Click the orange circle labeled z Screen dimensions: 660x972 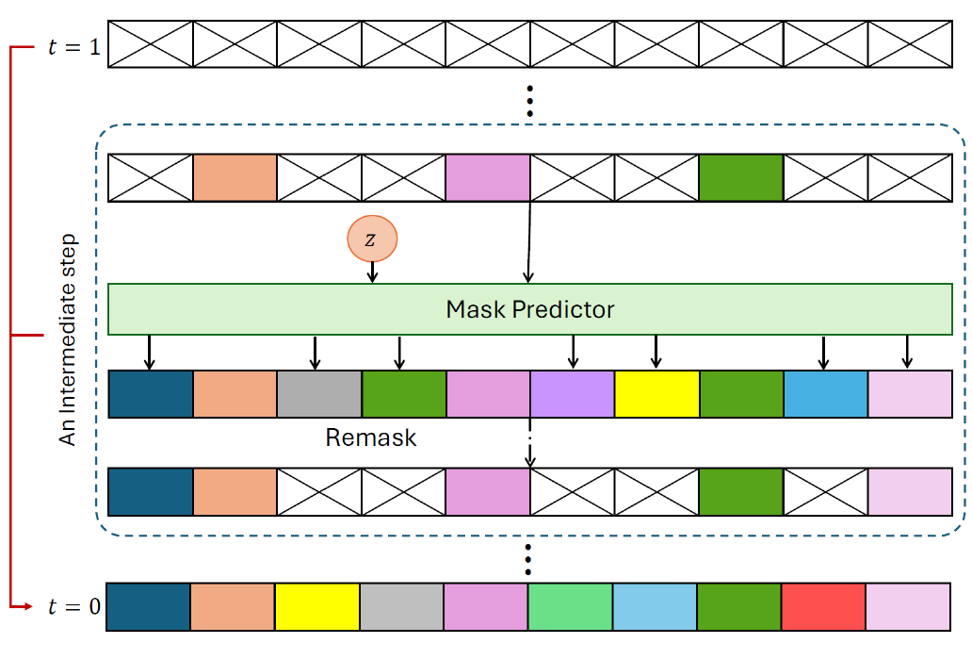click(372, 240)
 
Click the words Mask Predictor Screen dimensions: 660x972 click(530, 309)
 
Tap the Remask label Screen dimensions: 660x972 click(370, 437)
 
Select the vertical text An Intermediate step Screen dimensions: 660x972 click(68, 339)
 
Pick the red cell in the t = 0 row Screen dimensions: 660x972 click(823, 606)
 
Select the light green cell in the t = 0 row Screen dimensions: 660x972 click(570, 606)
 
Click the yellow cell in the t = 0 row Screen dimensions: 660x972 click(317, 606)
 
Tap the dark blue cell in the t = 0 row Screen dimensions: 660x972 click(149, 606)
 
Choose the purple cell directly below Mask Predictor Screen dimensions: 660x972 click(573, 394)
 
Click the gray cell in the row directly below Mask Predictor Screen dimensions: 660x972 click(319, 394)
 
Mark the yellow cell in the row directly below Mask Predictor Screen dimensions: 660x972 click(656, 394)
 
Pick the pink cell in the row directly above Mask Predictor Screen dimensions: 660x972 click(488, 178)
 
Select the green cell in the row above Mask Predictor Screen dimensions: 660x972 click(740, 178)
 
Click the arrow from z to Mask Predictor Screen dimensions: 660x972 click(373, 272)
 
